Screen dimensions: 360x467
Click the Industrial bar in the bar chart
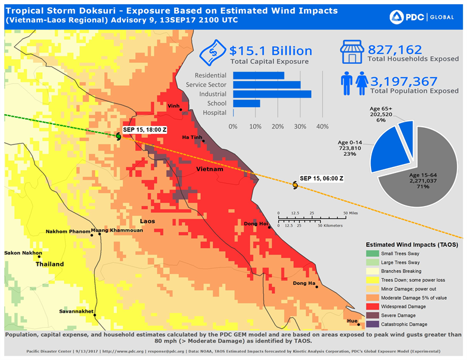(x=272, y=94)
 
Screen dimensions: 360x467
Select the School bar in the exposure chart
(x=247, y=103)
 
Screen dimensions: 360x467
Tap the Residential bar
(x=258, y=75)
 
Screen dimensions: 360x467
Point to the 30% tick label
(x=300, y=126)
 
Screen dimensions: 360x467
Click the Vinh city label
(x=174, y=105)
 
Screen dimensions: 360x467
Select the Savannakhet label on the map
(x=76, y=311)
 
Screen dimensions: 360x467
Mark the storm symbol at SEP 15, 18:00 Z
(x=119, y=137)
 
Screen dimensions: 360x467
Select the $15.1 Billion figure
(x=271, y=51)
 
